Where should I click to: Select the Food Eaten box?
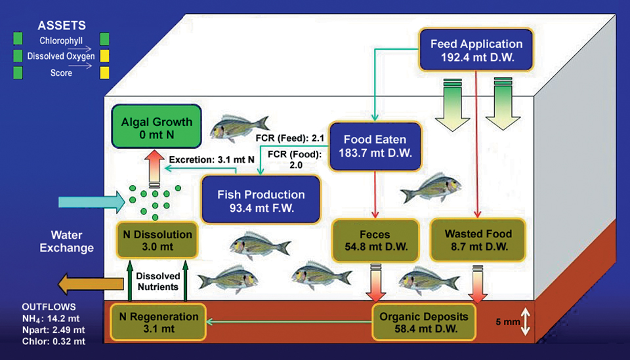coord(375,146)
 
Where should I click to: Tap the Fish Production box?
coord(261,201)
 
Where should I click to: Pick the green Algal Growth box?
coord(156,127)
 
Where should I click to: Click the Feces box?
coord(375,241)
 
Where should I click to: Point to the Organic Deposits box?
coord(424,323)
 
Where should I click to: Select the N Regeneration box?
coord(158,322)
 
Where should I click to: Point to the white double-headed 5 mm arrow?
coord(525,322)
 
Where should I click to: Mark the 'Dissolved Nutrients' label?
coord(158,281)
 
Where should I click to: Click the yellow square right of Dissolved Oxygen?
coord(104,57)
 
